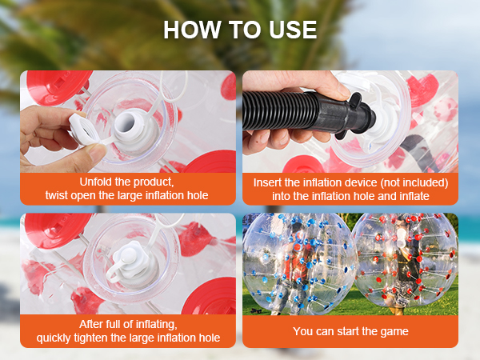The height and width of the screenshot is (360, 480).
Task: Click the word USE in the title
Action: pos(293,30)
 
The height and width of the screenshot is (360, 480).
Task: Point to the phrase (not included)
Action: pos(414,182)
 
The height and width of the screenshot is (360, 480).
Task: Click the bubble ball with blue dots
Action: pos(300,263)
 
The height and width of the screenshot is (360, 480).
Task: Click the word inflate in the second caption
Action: pos(414,196)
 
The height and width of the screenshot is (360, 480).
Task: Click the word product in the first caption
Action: pos(154,182)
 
